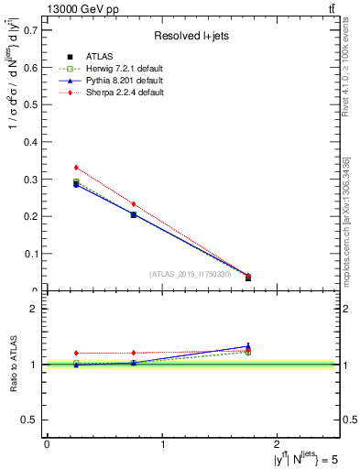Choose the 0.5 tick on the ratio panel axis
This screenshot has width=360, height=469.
coord(31,420)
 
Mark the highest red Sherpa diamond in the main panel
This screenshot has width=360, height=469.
coord(76,168)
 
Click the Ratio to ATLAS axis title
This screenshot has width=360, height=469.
coord(13,365)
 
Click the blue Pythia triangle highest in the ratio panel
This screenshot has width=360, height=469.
coord(248,346)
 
